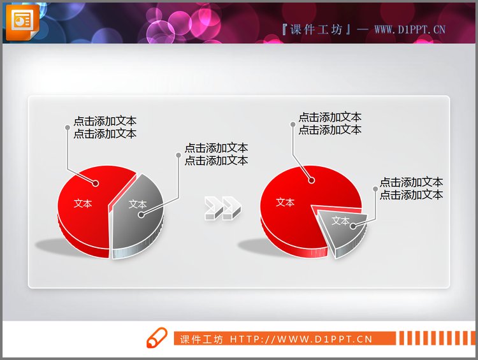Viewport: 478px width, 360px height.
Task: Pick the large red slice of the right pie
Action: (293, 210)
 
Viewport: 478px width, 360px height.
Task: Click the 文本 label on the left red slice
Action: (83, 204)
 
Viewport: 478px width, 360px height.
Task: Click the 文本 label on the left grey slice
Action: (138, 205)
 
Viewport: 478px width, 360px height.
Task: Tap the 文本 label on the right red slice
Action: (285, 203)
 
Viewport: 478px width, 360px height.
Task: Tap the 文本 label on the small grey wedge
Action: (341, 222)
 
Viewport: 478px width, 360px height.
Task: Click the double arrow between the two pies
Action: (222, 208)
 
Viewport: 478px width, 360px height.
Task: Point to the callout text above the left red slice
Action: (105, 127)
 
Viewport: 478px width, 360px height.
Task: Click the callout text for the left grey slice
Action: (216, 154)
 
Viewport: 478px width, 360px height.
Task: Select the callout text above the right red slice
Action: (330, 124)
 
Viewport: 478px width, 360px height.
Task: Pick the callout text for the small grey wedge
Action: (411, 189)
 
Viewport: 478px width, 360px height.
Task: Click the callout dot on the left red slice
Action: (96, 184)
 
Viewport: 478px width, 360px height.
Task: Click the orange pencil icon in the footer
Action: (156, 338)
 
